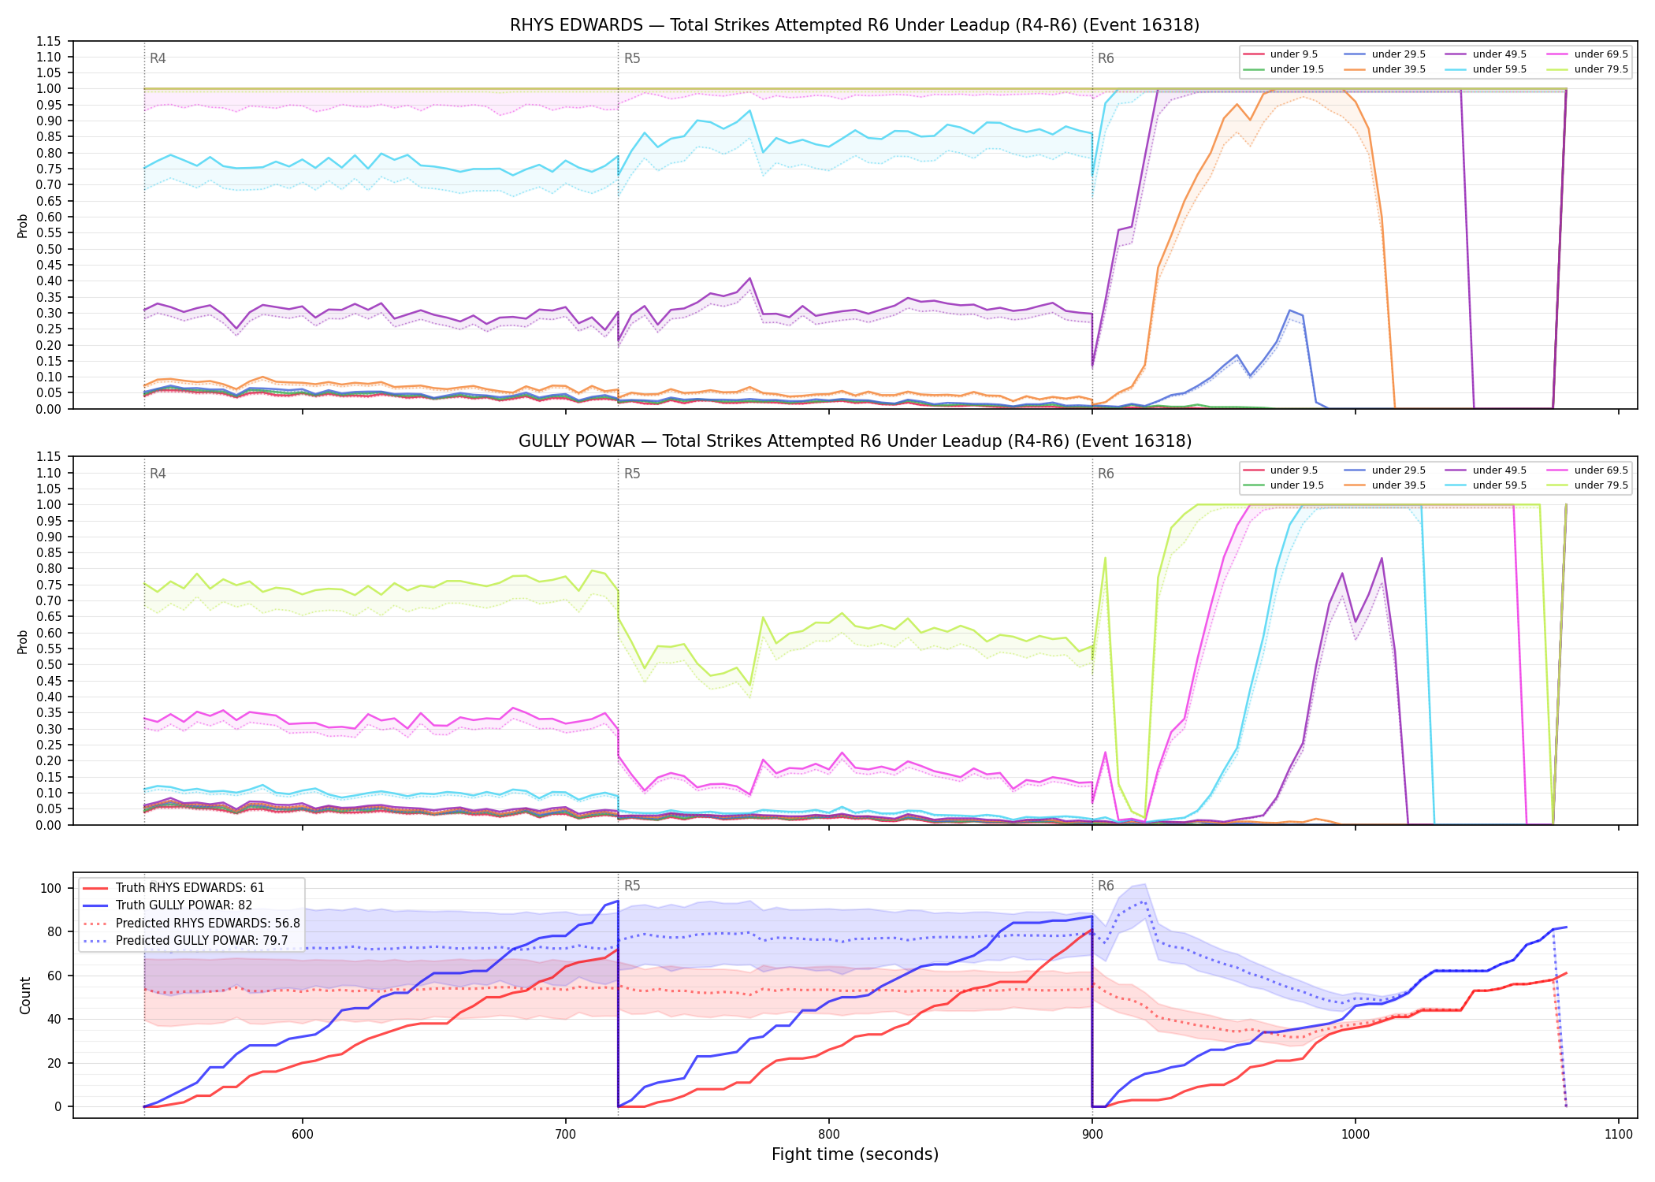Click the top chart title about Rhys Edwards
854,25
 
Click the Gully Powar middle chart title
854,441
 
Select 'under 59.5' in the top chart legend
1499,69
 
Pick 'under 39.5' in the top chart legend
1398,69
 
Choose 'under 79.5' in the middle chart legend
1601,485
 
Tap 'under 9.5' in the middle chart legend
1293,470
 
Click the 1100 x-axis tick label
1618,1135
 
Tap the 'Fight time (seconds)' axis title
855,1155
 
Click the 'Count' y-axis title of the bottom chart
25,995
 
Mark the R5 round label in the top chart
632,58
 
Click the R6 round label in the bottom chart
1106,886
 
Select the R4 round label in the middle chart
158,474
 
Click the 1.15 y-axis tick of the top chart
49,41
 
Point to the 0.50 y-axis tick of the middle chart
49,664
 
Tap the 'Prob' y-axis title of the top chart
23,225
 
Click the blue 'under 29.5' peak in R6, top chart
1289,310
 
